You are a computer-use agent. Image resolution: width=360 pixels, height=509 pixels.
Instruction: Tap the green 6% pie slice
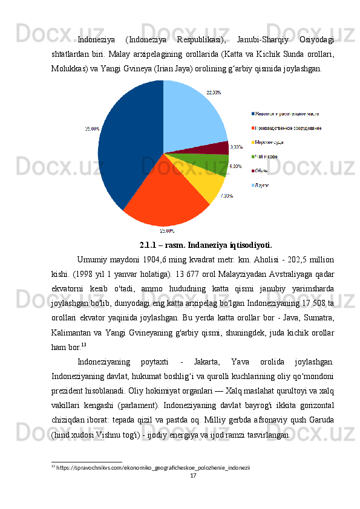[x=212, y=164]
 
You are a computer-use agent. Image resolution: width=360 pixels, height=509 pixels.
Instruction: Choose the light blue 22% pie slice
[x=194, y=118]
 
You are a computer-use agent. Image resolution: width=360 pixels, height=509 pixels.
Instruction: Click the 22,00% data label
[x=214, y=92]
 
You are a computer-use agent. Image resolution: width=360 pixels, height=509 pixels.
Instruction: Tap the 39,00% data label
[x=92, y=128]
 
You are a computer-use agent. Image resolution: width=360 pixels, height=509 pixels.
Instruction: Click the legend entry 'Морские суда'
[x=269, y=142]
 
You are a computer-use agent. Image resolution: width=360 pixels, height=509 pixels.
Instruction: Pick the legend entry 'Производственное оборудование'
[x=287, y=128]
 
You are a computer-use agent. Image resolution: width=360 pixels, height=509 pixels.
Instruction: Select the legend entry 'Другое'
[x=262, y=185]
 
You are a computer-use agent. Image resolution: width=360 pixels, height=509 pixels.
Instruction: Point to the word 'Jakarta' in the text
[x=209, y=362]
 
